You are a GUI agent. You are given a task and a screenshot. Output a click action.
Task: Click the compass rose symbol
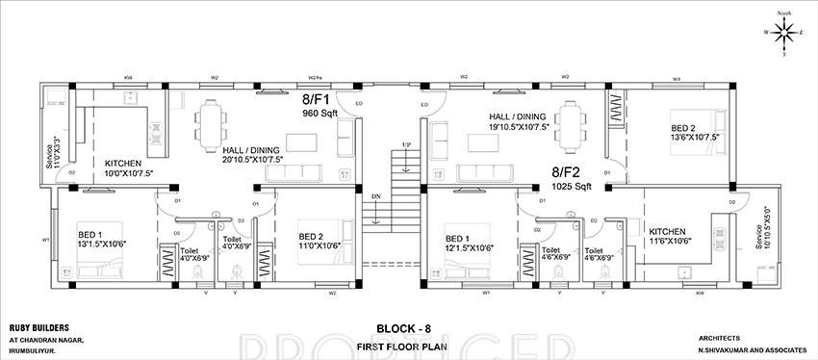coord(783,33)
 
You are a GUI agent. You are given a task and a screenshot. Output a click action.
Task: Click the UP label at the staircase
coord(406,145)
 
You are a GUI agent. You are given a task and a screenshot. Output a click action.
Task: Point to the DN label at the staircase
coord(374,197)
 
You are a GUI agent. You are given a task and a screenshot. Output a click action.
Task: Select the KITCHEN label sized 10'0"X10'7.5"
coord(124,164)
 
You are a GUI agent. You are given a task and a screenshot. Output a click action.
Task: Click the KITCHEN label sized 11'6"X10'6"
coord(667,232)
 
